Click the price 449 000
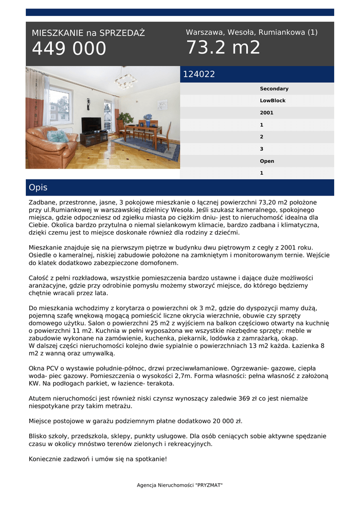(69, 49)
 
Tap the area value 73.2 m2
(223, 48)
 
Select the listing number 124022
(199, 74)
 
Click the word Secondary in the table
(274, 89)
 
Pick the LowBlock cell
(273, 101)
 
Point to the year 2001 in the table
(267, 113)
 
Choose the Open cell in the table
(267, 161)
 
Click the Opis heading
(38, 188)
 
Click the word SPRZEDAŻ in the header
(122, 33)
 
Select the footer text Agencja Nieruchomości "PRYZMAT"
(180, 485)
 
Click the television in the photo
(91, 124)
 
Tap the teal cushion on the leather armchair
(57, 136)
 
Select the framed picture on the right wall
(162, 104)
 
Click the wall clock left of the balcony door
(88, 104)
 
